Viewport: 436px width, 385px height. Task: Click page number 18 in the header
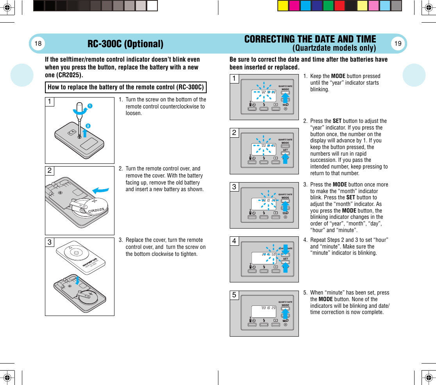[x=38, y=44]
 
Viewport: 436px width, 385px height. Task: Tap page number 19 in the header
[x=398, y=44]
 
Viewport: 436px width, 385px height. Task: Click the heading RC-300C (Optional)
[x=125, y=44]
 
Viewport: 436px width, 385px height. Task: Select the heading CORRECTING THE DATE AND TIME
[x=310, y=39]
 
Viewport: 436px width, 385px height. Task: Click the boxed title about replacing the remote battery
[x=126, y=87]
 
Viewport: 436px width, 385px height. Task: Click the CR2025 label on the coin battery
[x=96, y=211]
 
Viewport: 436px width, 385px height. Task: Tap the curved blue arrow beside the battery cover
[x=101, y=190]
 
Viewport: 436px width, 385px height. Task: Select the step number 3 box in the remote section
[x=49, y=243]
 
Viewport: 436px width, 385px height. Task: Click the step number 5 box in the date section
[x=234, y=295]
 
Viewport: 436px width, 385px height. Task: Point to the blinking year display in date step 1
[x=263, y=92]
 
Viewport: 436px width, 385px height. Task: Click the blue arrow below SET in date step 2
[x=285, y=158]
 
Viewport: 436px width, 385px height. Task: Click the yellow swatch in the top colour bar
[x=283, y=6]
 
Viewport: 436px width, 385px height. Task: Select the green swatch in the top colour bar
[x=328, y=6]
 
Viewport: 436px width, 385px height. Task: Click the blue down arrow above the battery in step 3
[x=78, y=280]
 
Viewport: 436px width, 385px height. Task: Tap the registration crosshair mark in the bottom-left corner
[x=7, y=378]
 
